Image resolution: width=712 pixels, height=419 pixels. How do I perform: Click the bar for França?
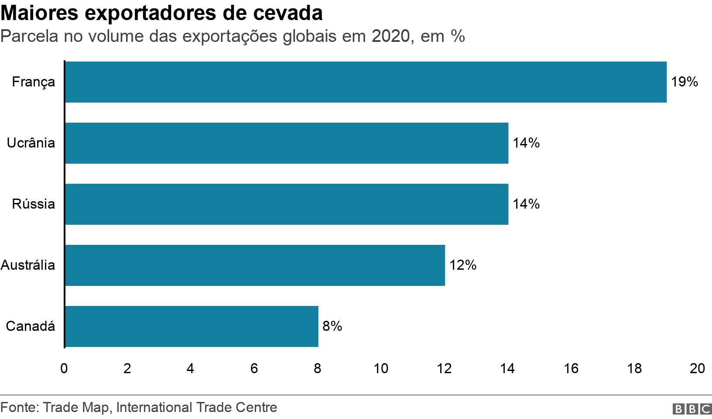click(366, 82)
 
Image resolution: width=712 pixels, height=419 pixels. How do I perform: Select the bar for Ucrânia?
click(287, 143)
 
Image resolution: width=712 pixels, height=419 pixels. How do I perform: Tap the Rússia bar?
click(287, 204)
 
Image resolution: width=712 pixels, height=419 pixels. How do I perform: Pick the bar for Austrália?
click(255, 265)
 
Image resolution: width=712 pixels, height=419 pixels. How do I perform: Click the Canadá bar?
click(192, 326)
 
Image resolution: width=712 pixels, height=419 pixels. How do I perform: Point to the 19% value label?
click(685, 82)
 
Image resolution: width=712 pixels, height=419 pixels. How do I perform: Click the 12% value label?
click(463, 265)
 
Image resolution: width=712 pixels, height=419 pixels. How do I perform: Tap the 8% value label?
click(332, 326)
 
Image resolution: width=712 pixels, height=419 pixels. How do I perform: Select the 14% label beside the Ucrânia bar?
click(526, 143)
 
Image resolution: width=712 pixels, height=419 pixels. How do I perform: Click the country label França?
click(34, 82)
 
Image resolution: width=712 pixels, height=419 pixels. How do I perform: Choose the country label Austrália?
click(28, 265)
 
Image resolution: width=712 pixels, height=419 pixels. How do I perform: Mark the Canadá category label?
click(31, 326)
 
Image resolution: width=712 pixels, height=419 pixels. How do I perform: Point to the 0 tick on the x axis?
click(64, 369)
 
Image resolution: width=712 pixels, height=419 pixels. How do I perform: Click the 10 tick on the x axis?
click(381, 369)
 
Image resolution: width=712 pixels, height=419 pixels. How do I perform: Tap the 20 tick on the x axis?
click(697, 369)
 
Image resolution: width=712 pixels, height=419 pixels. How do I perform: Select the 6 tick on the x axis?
click(254, 369)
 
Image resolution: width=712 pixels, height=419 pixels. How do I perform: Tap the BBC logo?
click(692, 409)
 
